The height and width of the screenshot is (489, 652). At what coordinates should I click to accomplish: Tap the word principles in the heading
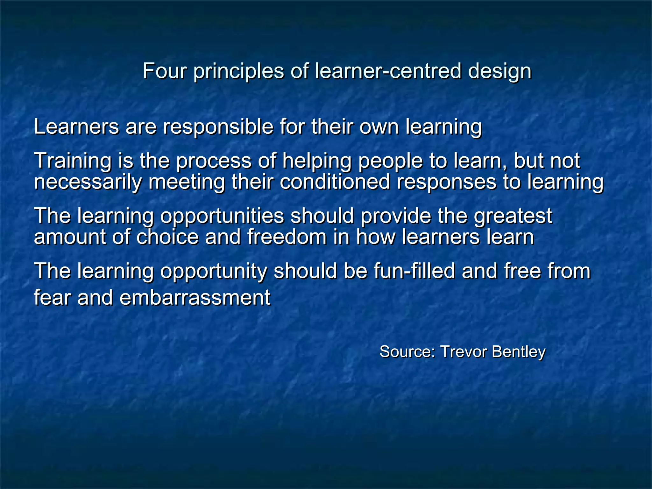tap(238, 71)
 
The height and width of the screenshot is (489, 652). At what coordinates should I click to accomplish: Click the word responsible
tap(218, 127)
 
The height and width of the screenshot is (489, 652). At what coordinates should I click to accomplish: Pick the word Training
tap(73, 161)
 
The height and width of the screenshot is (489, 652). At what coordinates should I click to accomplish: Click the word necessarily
tap(88, 182)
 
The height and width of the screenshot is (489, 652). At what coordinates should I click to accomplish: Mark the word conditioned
tap(335, 182)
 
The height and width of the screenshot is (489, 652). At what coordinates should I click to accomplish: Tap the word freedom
tap(287, 237)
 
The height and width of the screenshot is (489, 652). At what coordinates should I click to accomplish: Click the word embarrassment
tap(195, 298)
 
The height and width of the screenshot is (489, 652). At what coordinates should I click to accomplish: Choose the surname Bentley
tap(519, 352)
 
